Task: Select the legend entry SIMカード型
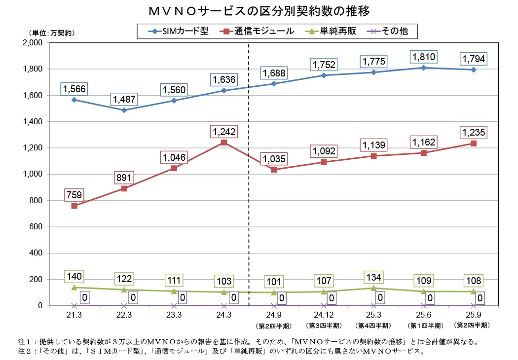(x=180, y=31)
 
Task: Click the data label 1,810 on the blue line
(x=423, y=57)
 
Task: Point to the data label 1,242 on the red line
(x=224, y=132)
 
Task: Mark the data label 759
(x=74, y=195)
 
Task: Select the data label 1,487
(x=124, y=99)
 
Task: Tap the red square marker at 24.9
(x=274, y=170)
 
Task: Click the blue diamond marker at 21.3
(x=74, y=100)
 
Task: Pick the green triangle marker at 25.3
(x=373, y=288)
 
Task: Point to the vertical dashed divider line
(x=249, y=197)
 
